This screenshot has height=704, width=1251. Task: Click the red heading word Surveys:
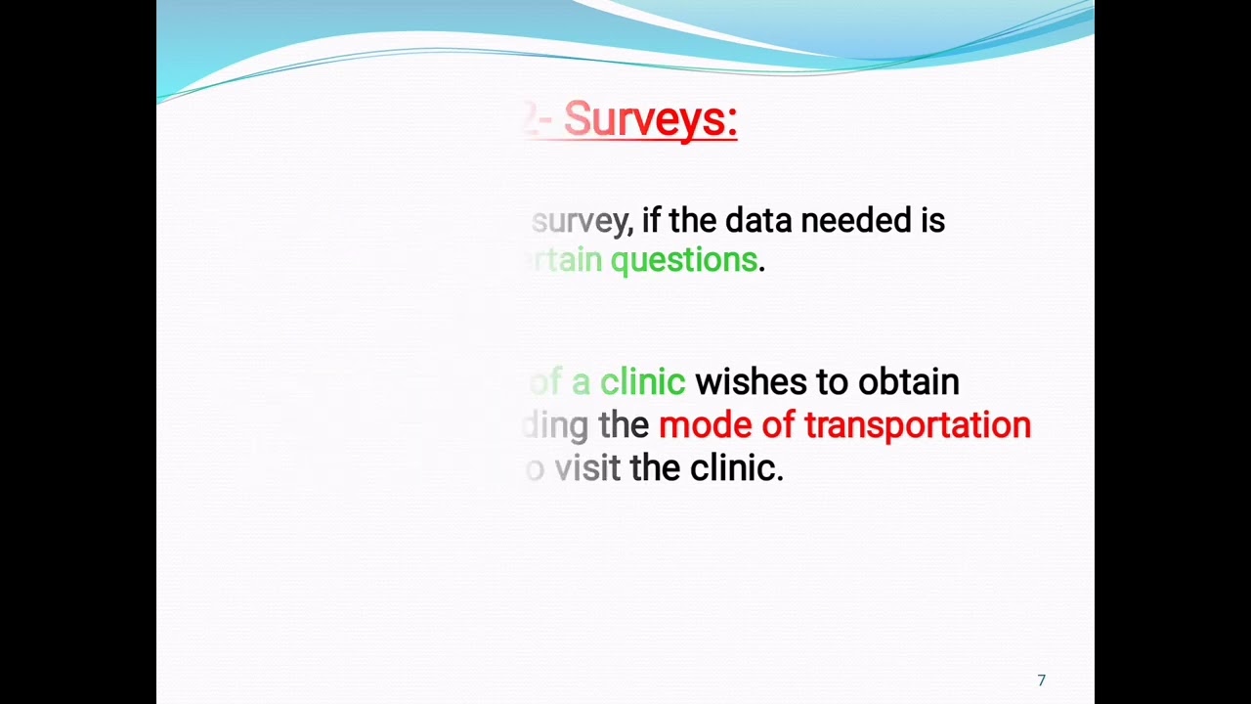point(650,120)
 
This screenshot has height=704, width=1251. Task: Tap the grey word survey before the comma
point(582,221)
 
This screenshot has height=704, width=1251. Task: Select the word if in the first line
point(651,220)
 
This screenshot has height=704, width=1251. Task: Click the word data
point(758,220)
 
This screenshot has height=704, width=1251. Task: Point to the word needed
point(855,220)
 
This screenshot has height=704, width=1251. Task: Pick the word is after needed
point(932,220)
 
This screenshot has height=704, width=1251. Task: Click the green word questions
point(684,260)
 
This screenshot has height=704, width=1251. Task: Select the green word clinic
point(642,381)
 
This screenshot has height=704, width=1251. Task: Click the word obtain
point(908,381)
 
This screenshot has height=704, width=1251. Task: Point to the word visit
point(587,468)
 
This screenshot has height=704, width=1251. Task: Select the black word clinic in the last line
point(736,468)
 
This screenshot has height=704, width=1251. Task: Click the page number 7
point(1041,681)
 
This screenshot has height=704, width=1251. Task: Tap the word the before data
point(693,220)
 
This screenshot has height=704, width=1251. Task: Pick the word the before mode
point(624,425)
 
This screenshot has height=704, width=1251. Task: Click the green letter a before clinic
point(581,382)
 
